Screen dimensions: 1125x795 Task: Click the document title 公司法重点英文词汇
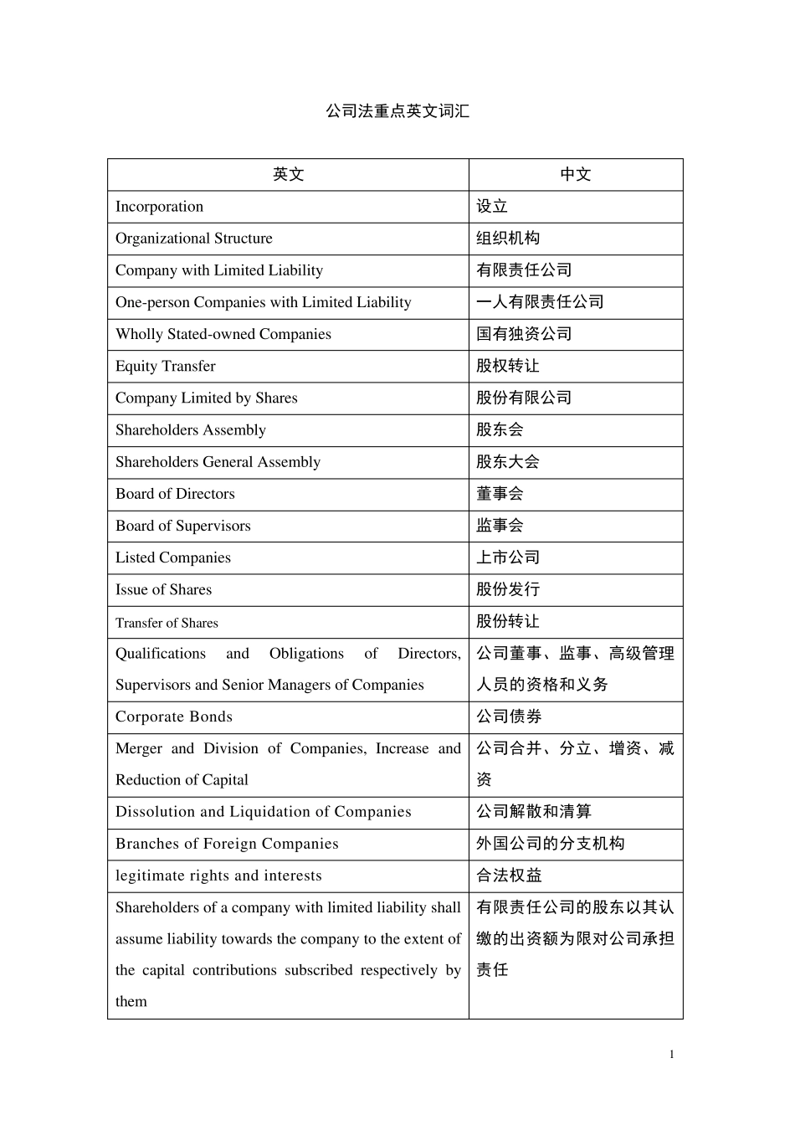click(397, 110)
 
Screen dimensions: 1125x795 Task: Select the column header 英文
click(288, 174)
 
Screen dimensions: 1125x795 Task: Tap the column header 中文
click(575, 174)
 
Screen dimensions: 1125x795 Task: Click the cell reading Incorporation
click(160, 207)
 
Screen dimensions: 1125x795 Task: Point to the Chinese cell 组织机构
click(508, 239)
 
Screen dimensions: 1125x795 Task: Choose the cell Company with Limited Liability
click(219, 270)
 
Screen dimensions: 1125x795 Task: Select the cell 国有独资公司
click(524, 334)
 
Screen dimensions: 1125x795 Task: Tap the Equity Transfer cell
click(166, 366)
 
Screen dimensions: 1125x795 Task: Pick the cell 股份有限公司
click(524, 398)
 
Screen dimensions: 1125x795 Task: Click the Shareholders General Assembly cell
click(218, 462)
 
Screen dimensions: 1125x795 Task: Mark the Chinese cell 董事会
click(500, 494)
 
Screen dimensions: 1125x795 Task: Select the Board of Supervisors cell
click(183, 526)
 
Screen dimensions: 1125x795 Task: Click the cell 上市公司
click(508, 557)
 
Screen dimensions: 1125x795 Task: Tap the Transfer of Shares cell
click(167, 623)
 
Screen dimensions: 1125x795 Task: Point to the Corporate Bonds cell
click(174, 717)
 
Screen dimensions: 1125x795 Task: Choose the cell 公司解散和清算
click(534, 812)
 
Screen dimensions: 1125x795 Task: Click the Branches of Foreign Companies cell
click(227, 844)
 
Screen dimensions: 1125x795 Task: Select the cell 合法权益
click(509, 876)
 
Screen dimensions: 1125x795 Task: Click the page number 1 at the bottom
click(671, 1054)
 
